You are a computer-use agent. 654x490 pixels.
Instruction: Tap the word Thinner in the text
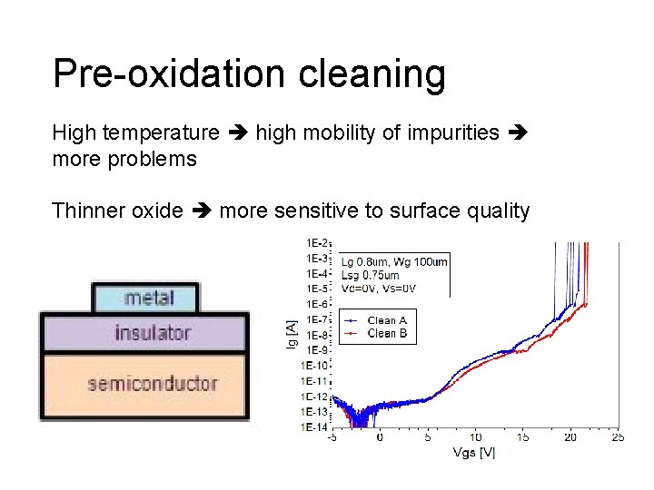pyautogui.click(x=88, y=211)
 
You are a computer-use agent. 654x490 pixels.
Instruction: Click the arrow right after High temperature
pyautogui.click(x=237, y=134)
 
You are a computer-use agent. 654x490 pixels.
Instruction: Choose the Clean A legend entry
pyautogui.click(x=377, y=320)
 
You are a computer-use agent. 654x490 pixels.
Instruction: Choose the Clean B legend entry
pyautogui.click(x=377, y=334)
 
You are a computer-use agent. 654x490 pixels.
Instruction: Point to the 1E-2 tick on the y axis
pyautogui.click(x=316, y=243)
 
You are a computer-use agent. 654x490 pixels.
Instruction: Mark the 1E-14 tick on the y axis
pyautogui.click(x=314, y=426)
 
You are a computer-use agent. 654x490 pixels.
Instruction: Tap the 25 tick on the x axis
pyautogui.click(x=618, y=437)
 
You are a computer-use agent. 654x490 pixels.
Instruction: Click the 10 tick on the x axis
pyautogui.click(x=475, y=437)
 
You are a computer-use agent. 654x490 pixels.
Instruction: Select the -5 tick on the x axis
pyautogui.click(x=332, y=437)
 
